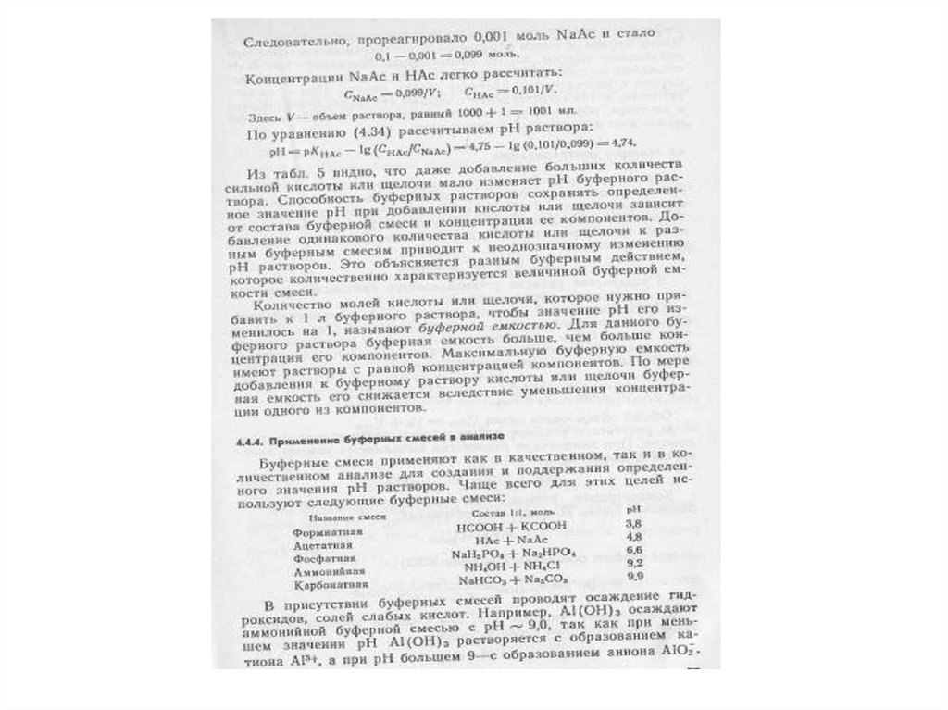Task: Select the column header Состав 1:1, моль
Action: pos(506,512)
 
